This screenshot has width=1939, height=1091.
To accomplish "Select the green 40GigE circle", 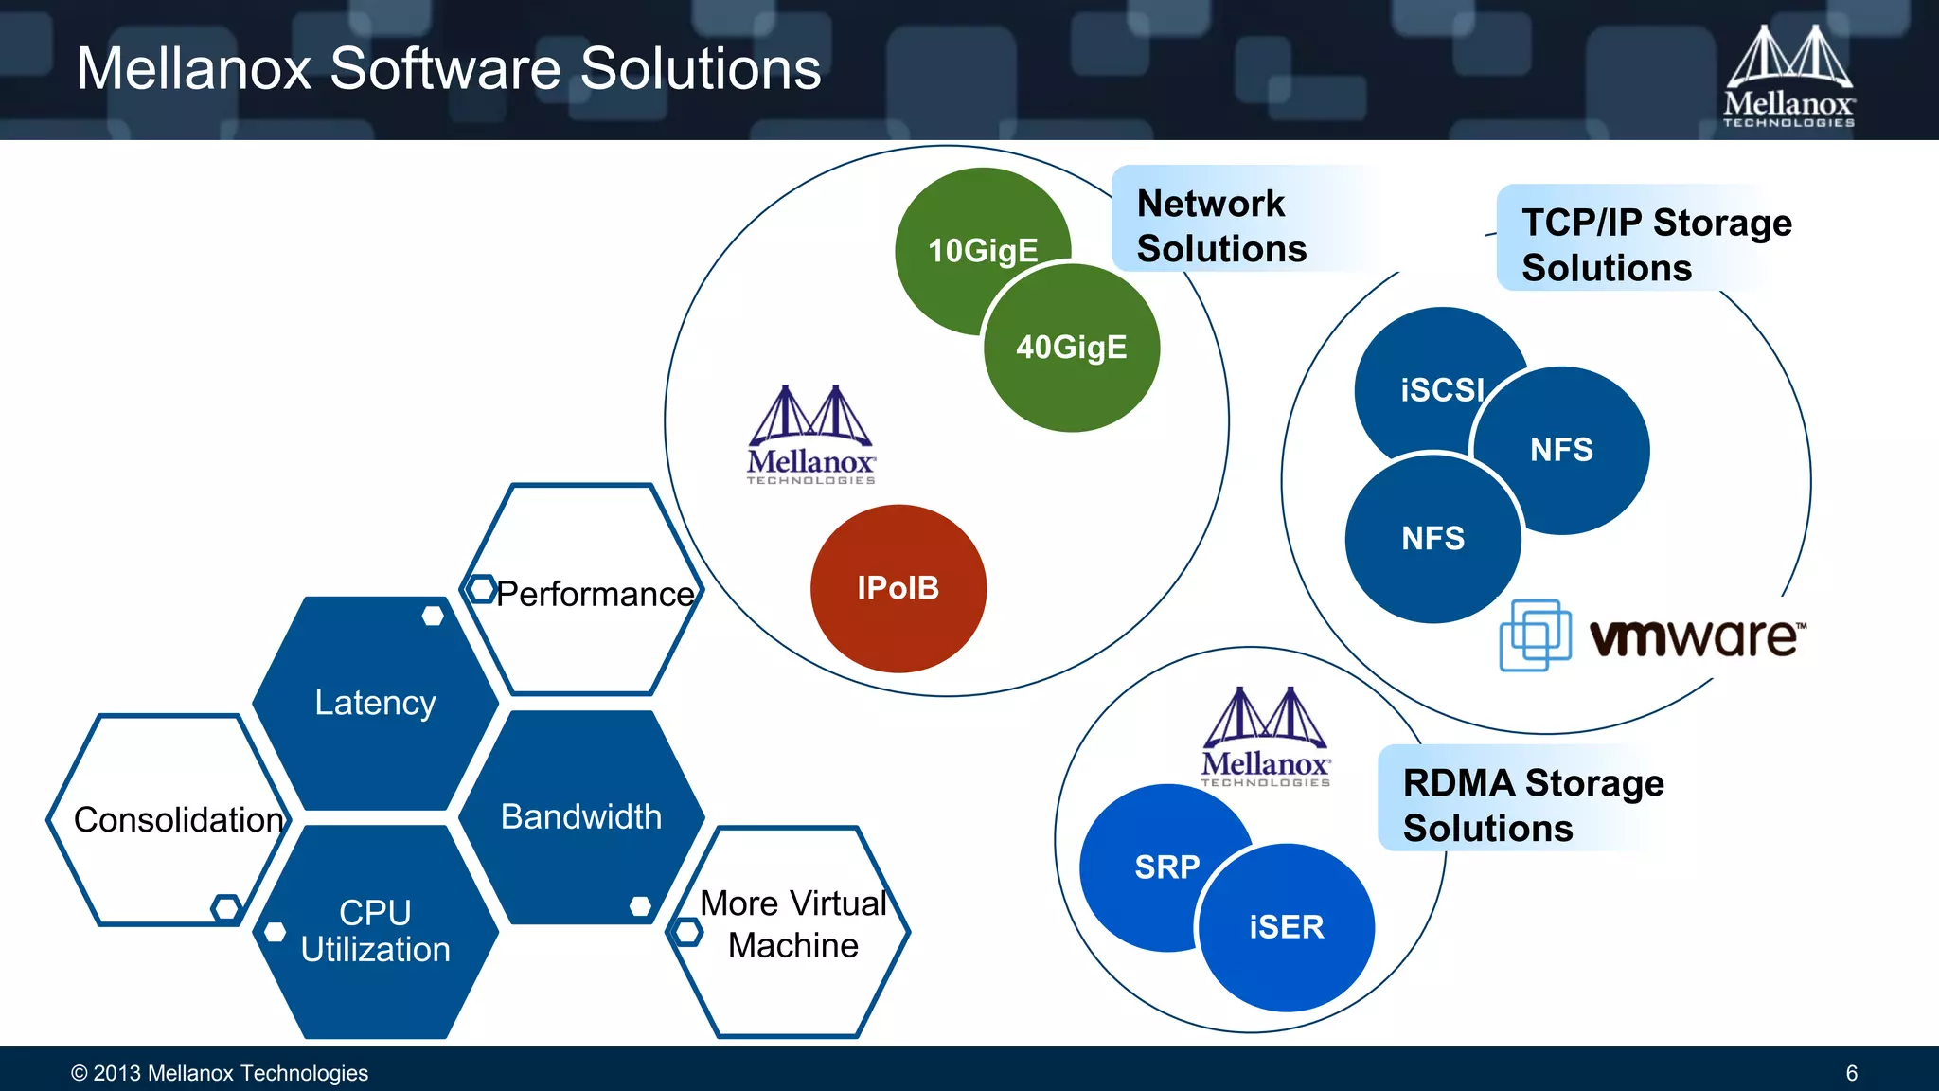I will tap(1072, 349).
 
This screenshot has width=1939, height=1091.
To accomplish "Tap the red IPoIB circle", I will tap(898, 588).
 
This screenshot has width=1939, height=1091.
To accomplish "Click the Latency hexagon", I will tap(375, 703).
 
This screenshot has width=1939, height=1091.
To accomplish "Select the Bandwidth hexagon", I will tap(581, 816).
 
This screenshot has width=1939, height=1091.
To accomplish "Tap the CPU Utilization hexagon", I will tap(375, 931).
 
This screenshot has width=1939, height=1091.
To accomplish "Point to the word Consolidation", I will tap(178, 820).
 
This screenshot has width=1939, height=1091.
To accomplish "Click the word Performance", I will tap(595, 594).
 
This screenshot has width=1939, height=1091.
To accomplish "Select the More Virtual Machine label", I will tap(793, 924).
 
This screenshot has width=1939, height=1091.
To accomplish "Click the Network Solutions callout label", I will tap(1221, 225).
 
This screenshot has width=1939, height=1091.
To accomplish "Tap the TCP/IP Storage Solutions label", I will tap(1655, 244).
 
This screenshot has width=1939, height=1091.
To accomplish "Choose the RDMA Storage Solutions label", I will tap(1532, 805).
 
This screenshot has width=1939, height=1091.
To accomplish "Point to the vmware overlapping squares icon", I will tap(1535, 635).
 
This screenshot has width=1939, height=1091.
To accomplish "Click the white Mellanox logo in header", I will tap(1788, 76).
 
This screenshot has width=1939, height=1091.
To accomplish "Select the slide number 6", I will tap(1851, 1073).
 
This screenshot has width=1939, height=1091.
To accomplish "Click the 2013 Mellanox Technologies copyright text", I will tap(220, 1073).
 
